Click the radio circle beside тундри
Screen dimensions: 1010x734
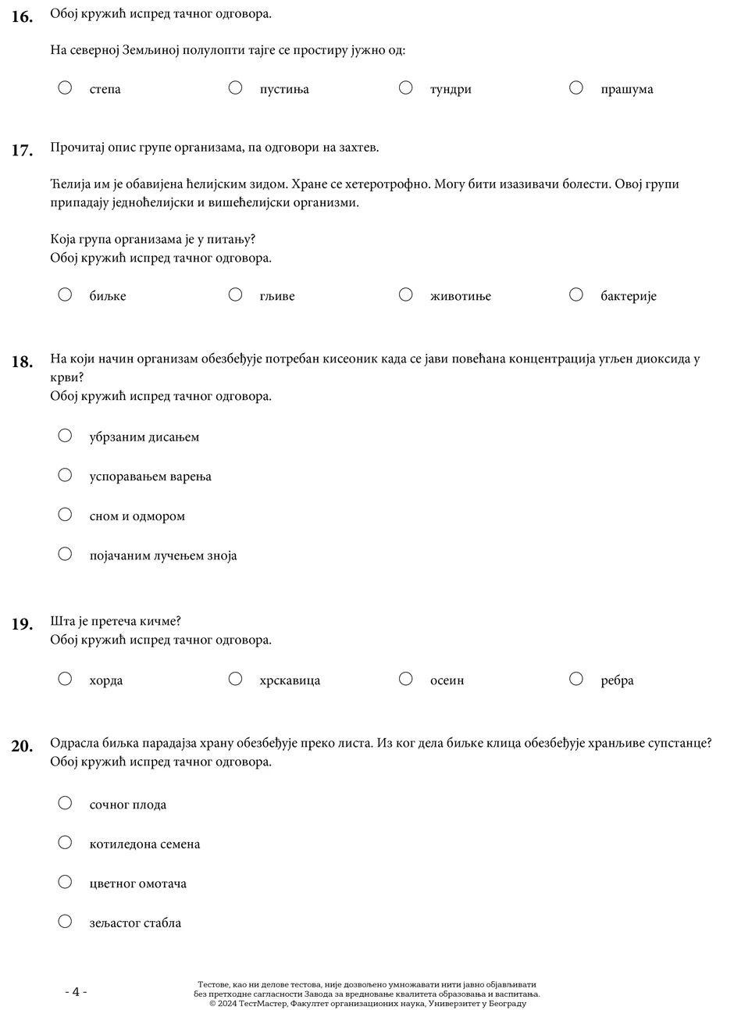point(405,87)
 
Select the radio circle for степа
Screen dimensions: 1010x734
point(65,87)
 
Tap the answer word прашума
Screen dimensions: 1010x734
point(626,89)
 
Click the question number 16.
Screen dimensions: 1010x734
point(22,16)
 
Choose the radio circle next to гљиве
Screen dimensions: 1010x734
point(235,294)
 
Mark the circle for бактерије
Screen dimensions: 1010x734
point(576,294)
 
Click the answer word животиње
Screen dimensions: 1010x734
point(460,296)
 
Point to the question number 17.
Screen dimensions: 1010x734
point(22,151)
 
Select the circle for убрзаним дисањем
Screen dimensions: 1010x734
point(65,435)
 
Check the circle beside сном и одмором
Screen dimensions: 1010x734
point(65,515)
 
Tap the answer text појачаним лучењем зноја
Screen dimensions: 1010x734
point(162,556)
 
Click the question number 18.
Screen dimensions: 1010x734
point(22,362)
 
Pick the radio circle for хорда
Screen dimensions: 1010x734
point(65,679)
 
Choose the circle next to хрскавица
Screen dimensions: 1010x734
point(235,679)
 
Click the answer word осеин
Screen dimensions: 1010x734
point(447,680)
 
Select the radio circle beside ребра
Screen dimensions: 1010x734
point(576,679)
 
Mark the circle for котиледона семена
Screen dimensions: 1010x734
point(65,842)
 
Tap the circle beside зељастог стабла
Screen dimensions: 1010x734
point(65,922)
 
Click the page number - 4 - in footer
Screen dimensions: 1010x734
point(76,992)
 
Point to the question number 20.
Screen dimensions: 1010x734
point(22,746)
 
